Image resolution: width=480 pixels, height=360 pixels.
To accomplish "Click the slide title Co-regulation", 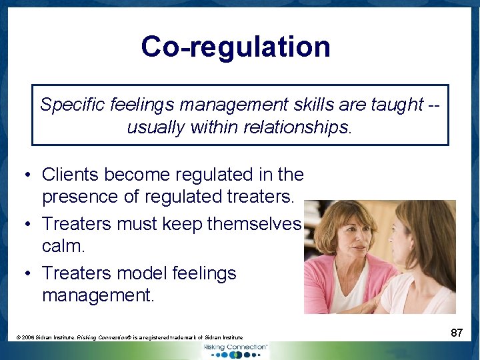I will tap(235, 47).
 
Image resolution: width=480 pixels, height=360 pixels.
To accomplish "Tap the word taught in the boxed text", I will tap(397, 104).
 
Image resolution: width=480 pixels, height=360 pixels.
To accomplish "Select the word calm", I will tap(63, 247).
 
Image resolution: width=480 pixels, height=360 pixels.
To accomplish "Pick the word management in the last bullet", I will tap(97, 295).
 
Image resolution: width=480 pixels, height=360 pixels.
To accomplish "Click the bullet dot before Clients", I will tap(25, 175).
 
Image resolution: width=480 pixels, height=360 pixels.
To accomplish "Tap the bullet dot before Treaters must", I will tap(25, 225).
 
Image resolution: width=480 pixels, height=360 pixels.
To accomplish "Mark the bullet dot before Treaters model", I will tap(25, 274).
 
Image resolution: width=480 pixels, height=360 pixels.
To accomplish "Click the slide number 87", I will tap(456, 332).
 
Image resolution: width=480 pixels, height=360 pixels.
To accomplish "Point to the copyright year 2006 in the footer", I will tap(30, 338).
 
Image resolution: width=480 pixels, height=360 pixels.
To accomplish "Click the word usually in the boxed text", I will tap(155, 127).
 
